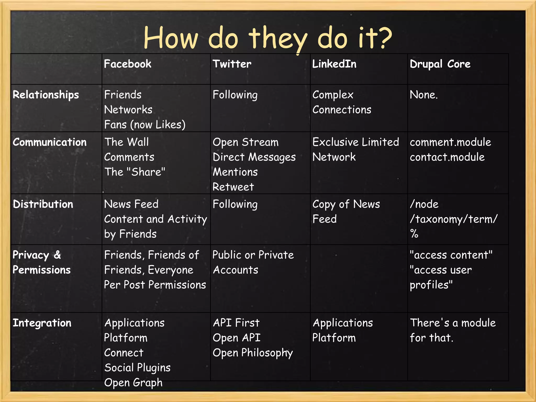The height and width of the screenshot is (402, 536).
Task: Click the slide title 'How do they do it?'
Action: click(x=267, y=38)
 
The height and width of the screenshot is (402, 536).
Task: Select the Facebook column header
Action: click(x=127, y=64)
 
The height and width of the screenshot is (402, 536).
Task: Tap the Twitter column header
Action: click(x=232, y=64)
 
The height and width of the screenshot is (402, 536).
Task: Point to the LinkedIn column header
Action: click(x=334, y=64)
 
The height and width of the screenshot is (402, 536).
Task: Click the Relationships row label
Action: click(x=46, y=95)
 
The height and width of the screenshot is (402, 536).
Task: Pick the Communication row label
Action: click(x=49, y=142)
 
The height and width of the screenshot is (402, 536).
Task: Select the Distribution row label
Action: click(x=43, y=204)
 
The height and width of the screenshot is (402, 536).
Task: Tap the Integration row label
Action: click(x=42, y=323)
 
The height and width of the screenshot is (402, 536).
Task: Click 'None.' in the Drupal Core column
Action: click(x=423, y=95)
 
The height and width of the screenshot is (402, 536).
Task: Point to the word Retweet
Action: click(x=233, y=187)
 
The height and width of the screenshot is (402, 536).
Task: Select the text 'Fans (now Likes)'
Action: click(x=145, y=125)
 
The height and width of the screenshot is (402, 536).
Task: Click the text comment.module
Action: click(x=450, y=142)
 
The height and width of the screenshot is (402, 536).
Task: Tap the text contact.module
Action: click(x=447, y=157)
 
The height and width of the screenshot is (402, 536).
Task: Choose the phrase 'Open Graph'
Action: click(x=133, y=383)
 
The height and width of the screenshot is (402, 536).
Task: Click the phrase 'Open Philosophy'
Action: click(x=253, y=353)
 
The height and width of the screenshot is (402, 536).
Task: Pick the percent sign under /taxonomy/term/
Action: click(x=414, y=233)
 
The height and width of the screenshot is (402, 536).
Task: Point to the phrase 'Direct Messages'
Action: click(x=254, y=157)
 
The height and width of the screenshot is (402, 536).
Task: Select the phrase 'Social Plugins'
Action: click(x=137, y=368)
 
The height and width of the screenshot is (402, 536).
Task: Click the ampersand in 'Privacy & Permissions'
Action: click(x=57, y=255)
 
